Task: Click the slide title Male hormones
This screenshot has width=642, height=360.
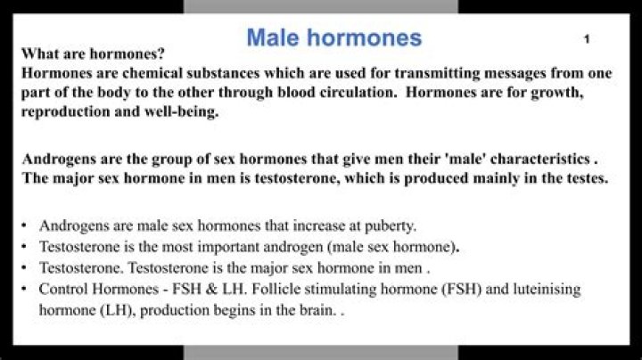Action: (x=334, y=37)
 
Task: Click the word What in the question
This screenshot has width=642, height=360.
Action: (x=39, y=53)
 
